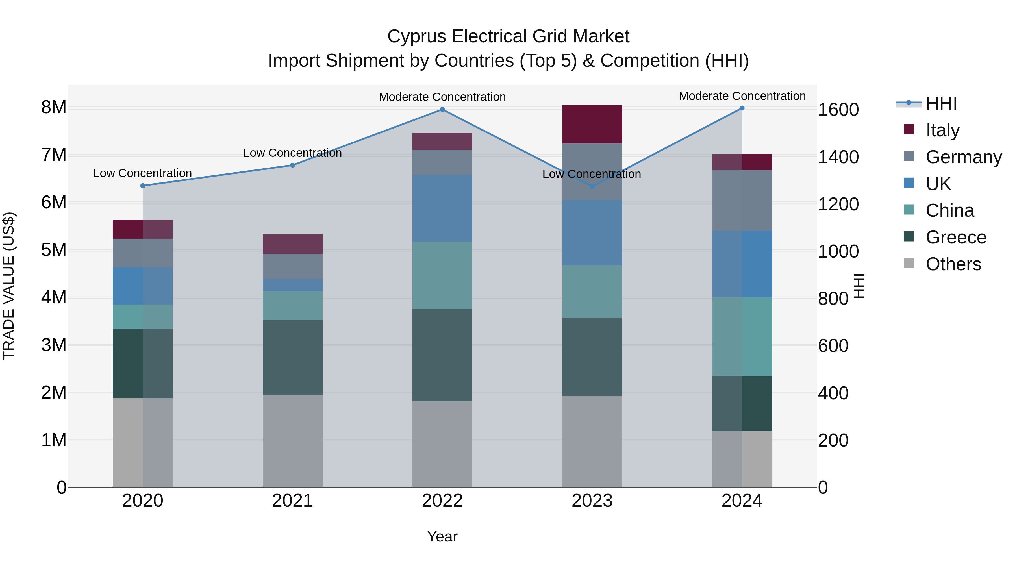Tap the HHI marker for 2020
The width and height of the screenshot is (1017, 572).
(x=143, y=186)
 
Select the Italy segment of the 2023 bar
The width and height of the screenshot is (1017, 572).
(x=592, y=124)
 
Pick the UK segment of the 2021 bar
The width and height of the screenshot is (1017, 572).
(x=293, y=285)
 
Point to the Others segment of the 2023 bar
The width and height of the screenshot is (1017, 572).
(x=592, y=441)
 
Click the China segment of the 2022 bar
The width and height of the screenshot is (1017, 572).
(x=442, y=275)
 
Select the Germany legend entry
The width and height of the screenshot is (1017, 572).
(x=963, y=157)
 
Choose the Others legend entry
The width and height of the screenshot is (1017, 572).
(x=953, y=264)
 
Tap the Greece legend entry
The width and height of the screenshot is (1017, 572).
(x=955, y=237)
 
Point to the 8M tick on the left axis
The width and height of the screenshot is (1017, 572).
(x=54, y=107)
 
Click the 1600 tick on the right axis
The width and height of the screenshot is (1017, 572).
(x=838, y=110)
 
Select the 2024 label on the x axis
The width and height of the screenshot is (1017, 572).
(x=742, y=501)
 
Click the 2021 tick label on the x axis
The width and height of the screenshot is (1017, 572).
(x=293, y=501)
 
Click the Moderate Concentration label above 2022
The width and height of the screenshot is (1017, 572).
(x=442, y=97)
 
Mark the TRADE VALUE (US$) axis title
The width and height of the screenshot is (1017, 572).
(x=9, y=286)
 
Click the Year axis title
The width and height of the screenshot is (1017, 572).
(x=442, y=536)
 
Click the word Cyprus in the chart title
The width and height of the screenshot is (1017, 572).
(x=417, y=36)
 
